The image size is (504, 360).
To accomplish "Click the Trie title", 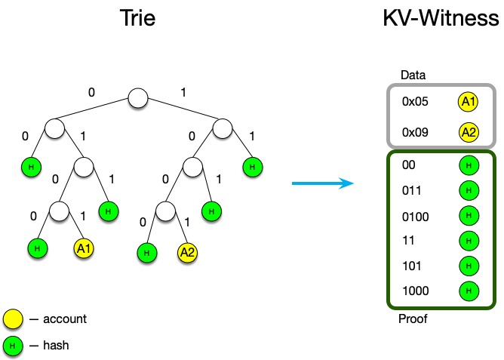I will [137, 18].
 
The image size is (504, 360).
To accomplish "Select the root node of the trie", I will [137, 98].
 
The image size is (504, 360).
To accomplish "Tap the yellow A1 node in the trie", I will [83, 247].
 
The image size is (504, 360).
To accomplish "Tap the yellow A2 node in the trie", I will [187, 253].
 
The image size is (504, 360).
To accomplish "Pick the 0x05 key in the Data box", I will [416, 102].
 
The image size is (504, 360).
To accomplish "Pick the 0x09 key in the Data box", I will [416, 132].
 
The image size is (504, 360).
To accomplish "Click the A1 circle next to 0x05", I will [468, 102].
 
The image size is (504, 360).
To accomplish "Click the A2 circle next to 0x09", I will [468, 133].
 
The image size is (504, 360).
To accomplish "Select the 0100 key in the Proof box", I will [415, 217].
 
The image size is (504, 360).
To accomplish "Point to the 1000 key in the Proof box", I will [415, 290].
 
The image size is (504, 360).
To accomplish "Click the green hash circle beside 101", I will [468, 266].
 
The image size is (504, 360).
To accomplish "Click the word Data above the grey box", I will [413, 75].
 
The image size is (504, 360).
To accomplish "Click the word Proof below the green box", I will [413, 319].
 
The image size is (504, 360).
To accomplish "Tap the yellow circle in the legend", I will [13, 319].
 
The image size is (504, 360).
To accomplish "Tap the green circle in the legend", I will [13, 346].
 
